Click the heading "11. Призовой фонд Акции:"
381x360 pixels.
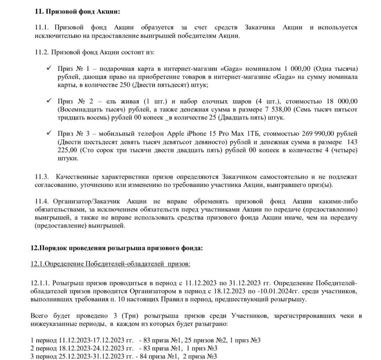(77, 11)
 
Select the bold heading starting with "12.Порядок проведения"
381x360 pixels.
(117, 248)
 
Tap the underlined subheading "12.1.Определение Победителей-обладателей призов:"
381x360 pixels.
(110, 264)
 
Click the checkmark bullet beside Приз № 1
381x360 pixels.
(49, 68)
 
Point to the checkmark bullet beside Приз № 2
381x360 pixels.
(49, 101)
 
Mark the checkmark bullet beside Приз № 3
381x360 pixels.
(49, 133)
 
